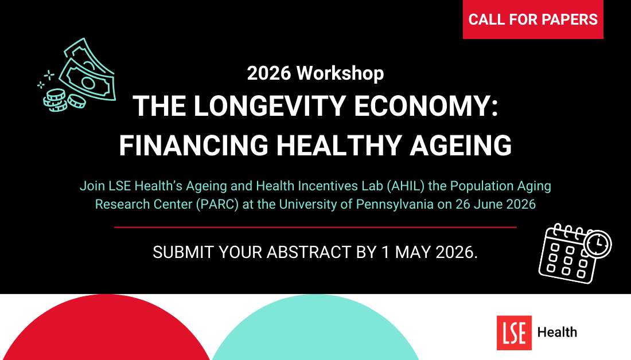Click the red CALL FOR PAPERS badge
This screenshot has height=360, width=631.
click(533, 19)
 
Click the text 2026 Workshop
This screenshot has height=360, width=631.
click(315, 73)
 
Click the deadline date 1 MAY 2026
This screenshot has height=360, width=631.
click(429, 252)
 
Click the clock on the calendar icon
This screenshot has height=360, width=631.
click(598, 244)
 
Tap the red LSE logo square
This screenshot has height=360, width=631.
click(514, 332)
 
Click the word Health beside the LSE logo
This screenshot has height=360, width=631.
click(557, 332)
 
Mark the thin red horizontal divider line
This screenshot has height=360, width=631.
click(315, 227)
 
